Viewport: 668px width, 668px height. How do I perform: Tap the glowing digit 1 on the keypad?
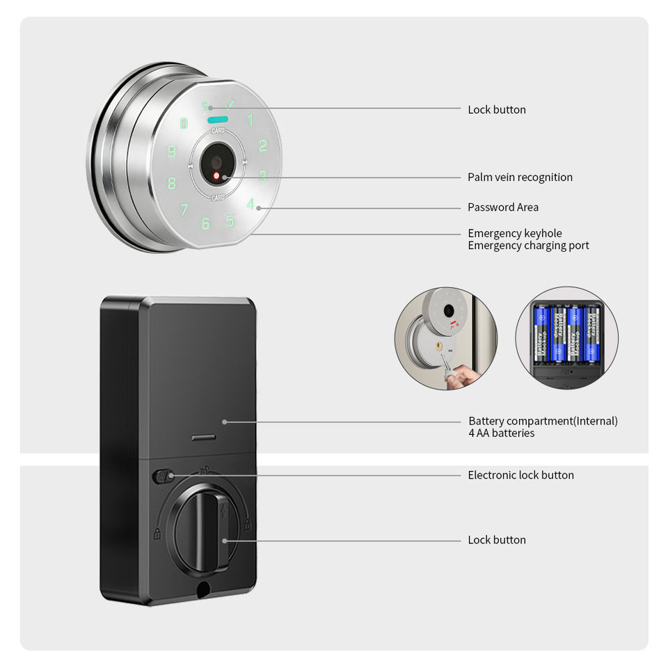(x=250, y=120)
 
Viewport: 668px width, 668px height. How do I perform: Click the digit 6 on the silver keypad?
(x=205, y=224)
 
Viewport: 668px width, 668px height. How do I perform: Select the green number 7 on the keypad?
(x=184, y=209)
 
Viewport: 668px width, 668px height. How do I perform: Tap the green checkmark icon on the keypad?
(x=230, y=106)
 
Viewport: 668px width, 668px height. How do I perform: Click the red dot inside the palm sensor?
(x=216, y=175)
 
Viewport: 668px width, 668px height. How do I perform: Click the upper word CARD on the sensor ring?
(x=217, y=130)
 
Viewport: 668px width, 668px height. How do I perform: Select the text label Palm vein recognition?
(x=520, y=177)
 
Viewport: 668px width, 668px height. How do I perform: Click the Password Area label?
(x=502, y=207)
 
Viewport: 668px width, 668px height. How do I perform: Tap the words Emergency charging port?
(x=528, y=246)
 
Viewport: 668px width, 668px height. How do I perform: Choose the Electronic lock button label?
(x=520, y=475)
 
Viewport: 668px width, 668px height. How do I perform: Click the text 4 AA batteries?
(x=501, y=434)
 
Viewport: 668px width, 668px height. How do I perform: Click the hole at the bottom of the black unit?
(x=203, y=589)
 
